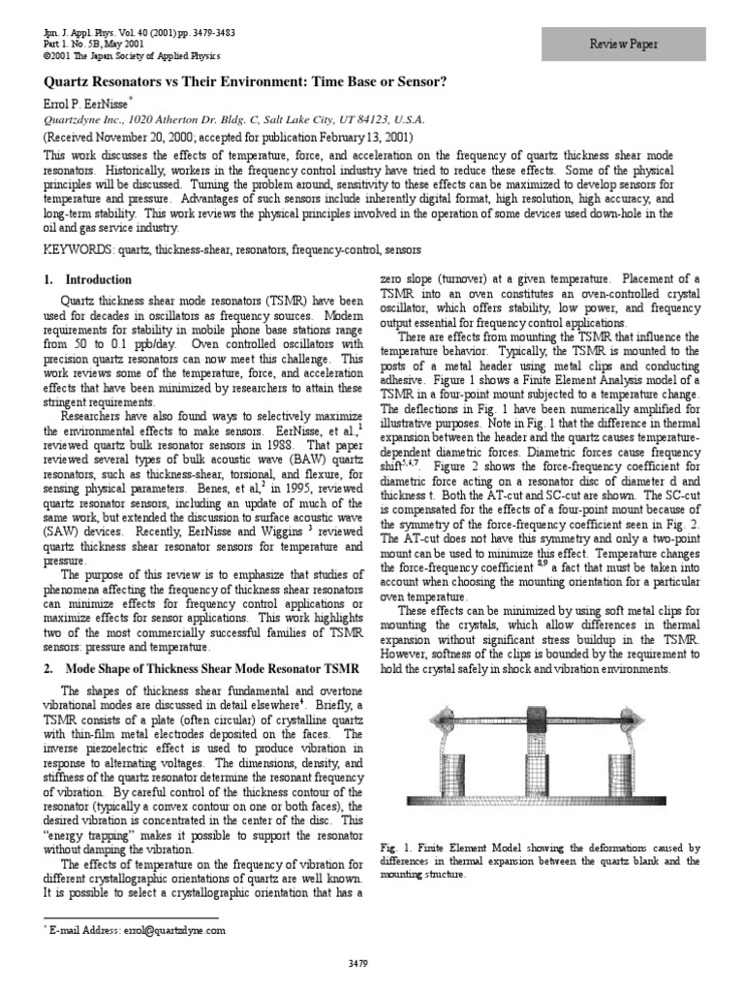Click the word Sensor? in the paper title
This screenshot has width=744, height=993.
[x=418, y=81]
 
